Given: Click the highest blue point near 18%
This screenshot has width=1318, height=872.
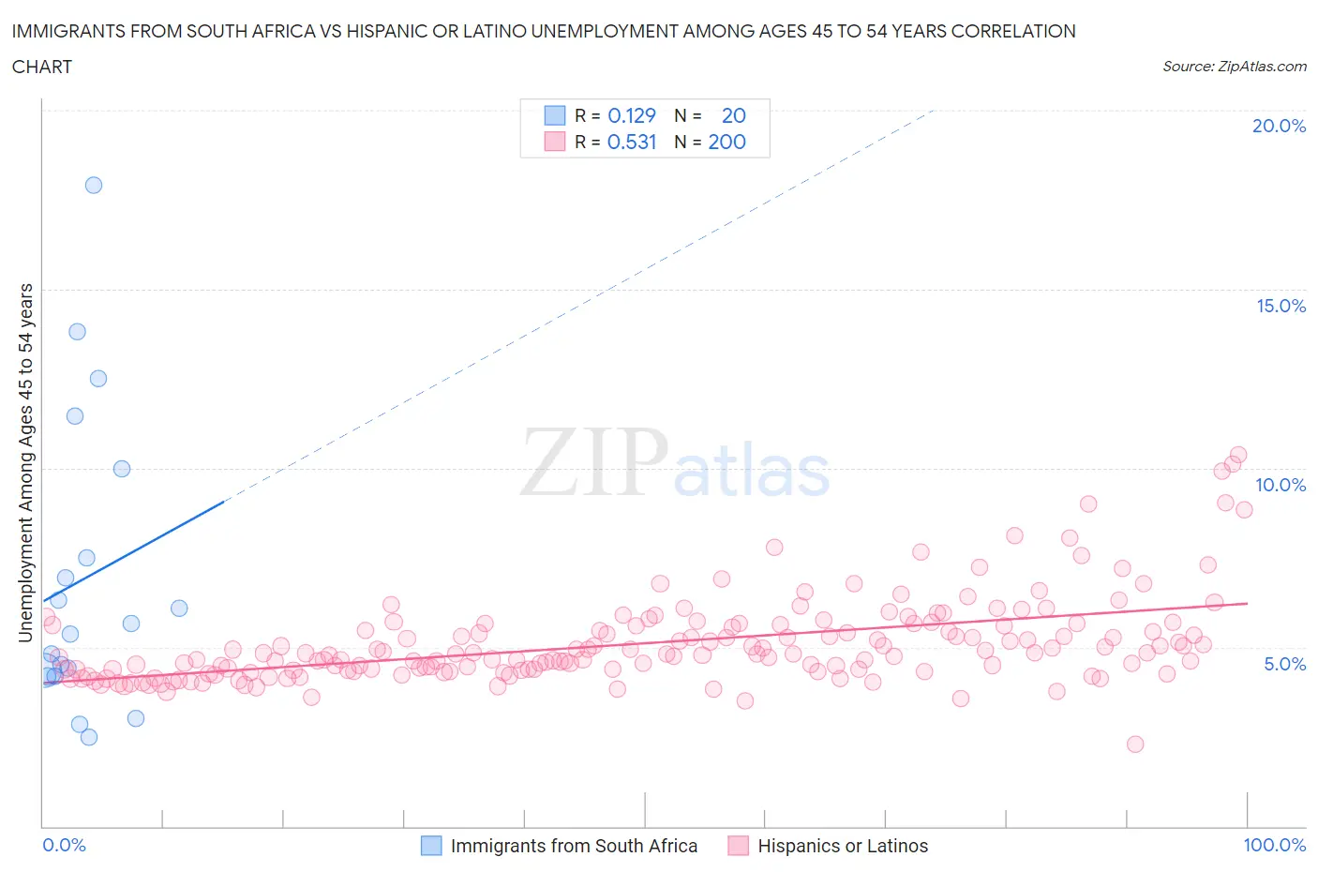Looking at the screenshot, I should point(94,185).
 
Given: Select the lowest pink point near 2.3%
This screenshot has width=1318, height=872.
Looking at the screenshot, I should point(1135,744).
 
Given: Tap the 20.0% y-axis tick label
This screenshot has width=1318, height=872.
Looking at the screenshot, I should point(1279,126).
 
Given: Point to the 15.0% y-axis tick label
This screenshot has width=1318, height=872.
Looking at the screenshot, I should point(1281,306).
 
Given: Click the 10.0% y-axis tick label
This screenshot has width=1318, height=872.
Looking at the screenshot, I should point(1281,485).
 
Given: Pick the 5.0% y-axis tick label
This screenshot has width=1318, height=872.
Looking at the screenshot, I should point(1284,664).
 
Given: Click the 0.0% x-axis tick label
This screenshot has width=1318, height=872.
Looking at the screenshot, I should point(64,845).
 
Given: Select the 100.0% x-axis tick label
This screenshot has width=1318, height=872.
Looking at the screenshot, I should point(1274,845).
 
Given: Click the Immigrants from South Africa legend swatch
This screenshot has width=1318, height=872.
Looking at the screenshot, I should point(431,846).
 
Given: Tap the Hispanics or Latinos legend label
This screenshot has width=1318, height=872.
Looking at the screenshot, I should point(843,846).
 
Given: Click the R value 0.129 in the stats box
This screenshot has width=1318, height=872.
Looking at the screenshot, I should point(632,115).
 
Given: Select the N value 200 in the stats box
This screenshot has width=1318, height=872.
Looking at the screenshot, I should point(726,142).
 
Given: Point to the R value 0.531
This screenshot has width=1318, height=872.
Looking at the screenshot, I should point(632,142).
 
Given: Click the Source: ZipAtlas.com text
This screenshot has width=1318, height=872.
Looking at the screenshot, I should point(1234,66).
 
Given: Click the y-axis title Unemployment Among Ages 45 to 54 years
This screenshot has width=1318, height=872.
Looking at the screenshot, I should point(26,462).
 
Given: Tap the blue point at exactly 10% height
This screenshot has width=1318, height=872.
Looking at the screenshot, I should point(122,469).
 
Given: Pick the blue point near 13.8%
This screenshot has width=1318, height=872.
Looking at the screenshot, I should point(77,331).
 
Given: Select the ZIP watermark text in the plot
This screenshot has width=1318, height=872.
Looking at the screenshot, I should point(593,462).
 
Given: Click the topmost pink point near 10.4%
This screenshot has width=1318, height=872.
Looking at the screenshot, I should point(1237,455).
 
